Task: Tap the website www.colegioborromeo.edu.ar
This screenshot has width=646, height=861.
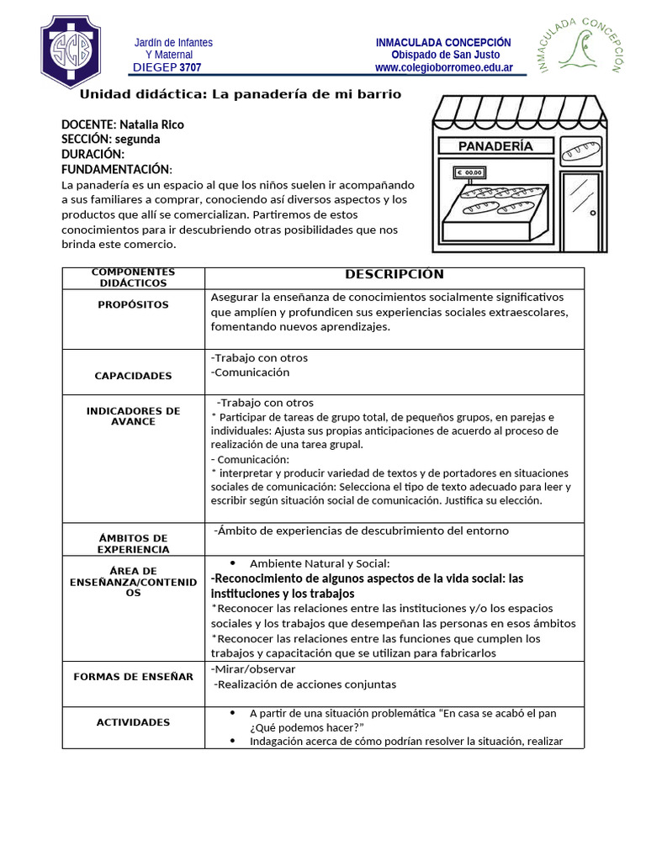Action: (442, 67)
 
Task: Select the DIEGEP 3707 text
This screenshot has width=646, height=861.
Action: (167, 67)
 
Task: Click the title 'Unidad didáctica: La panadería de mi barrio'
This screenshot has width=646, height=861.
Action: (240, 94)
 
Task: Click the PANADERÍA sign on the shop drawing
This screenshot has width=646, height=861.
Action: (495, 146)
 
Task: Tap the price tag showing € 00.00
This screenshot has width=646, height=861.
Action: (470, 173)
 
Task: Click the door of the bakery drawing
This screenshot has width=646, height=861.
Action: (580, 211)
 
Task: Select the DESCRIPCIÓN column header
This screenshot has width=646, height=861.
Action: (394, 274)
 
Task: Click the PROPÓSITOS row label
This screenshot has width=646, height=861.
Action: (133, 304)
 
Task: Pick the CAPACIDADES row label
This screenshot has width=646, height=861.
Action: (133, 376)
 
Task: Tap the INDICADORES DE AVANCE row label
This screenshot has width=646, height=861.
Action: (133, 416)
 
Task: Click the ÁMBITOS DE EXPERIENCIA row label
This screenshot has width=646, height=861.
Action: (133, 543)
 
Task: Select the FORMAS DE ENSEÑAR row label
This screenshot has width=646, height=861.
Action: (133, 676)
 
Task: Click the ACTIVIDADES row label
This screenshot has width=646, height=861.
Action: (133, 722)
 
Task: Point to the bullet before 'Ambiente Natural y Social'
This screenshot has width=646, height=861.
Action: (232, 563)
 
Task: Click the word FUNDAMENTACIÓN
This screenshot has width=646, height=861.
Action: (115, 169)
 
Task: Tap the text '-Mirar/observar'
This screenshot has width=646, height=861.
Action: (253, 669)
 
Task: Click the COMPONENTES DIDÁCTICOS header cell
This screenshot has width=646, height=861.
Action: (133, 277)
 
